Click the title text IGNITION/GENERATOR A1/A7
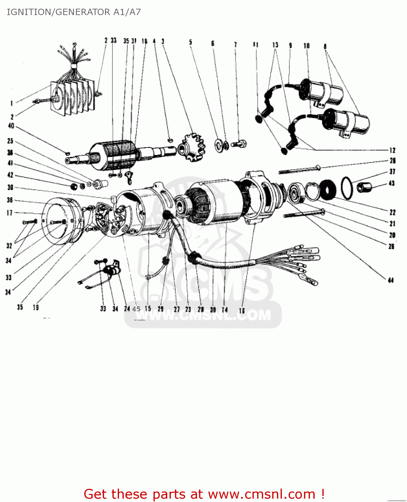pos(74,12)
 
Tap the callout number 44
pos(391,280)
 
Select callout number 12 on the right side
pos(392,150)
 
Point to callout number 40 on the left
pos(11,126)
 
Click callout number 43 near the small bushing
pos(392,183)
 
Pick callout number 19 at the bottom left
pos(35,307)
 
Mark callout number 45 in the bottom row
pos(136,309)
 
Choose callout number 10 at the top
pos(306,46)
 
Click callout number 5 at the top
pos(191,42)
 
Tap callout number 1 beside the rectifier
pos(11,103)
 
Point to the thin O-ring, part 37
pos(346,188)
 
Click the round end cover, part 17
pos(60,221)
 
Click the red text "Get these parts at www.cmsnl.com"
pos(204,494)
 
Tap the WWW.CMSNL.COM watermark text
pos(203,315)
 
